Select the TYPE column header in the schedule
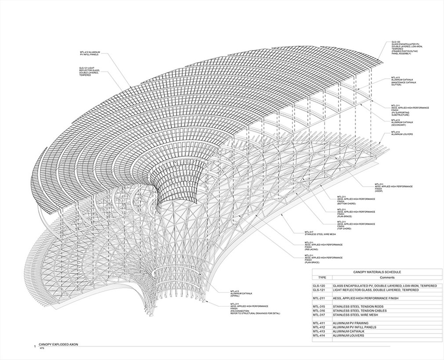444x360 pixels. [x=322, y=278]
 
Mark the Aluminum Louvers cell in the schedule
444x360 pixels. [x=350, y=336]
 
